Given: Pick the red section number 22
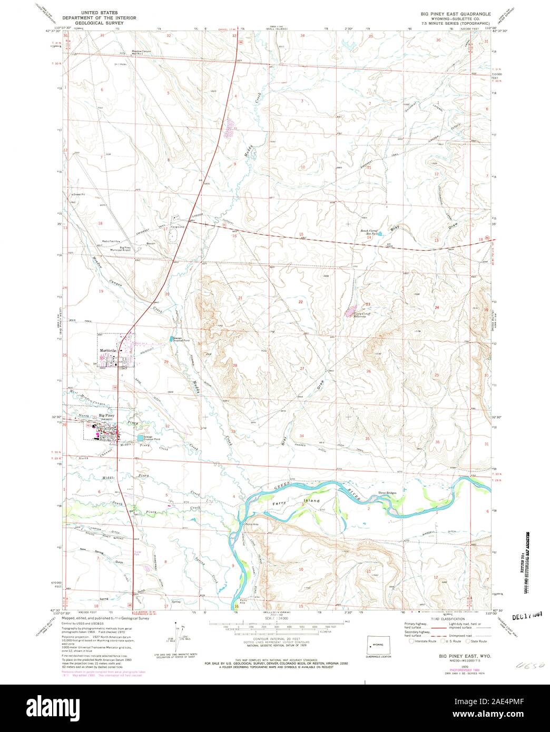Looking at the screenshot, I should pyautogui.click(x=301, y=302).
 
